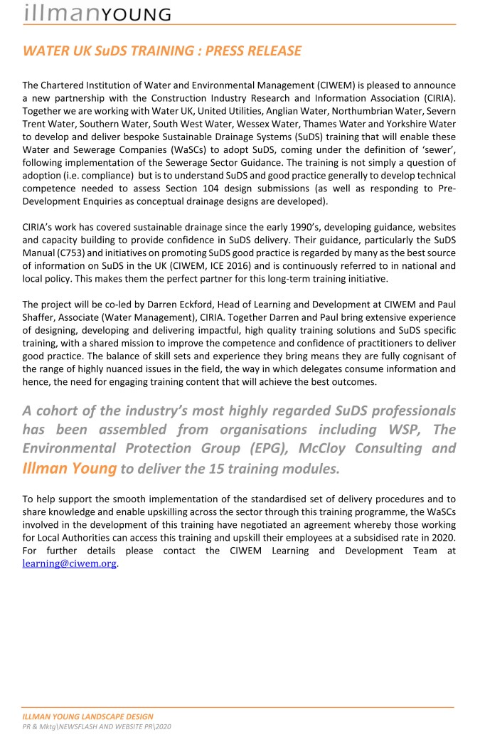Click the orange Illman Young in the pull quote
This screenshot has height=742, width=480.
(70, 468)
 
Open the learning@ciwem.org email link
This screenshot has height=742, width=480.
(70, 563)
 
